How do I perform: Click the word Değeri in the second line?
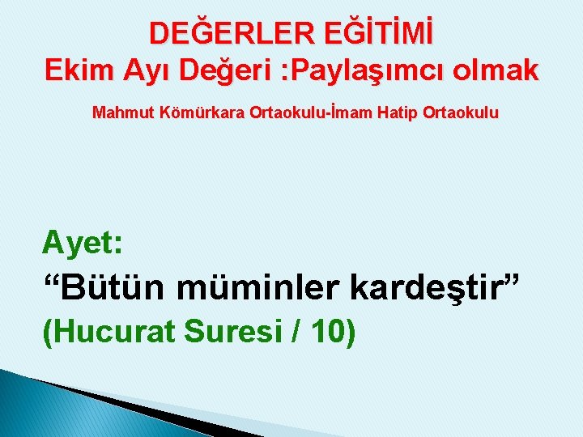217,70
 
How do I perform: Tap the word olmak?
495,70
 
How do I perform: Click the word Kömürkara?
194,112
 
